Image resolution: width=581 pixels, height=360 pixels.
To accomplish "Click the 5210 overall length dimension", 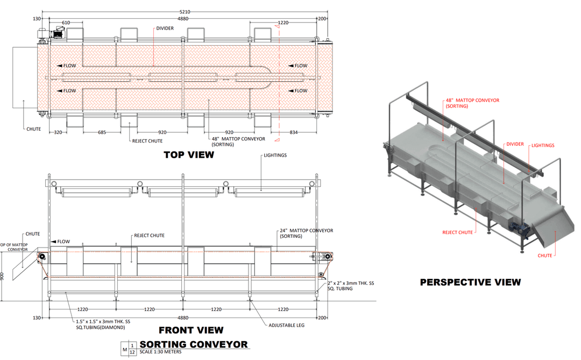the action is [x=185, y=12].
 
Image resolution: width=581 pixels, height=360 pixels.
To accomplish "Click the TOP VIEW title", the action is [x=189, y=155].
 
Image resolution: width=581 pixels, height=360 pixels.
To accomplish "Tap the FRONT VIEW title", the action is [x=191, y=330].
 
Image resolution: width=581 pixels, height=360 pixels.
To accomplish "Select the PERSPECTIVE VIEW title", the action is [x=470, y=283].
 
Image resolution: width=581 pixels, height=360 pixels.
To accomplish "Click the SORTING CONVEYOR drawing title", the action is [x=194, y=344].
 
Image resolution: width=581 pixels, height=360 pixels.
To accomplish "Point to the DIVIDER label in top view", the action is [x=165, y=28].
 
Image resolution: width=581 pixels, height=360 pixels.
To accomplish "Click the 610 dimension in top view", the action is [x=66, y=23].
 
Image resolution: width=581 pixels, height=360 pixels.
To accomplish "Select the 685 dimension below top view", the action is [x=102, y=132].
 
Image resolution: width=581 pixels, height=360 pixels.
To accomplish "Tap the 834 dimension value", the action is [x=294, y=132].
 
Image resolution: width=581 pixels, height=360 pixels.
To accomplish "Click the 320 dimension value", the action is [x=58, y=132].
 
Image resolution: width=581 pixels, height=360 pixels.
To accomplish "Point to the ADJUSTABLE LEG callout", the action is [x=286, y=325].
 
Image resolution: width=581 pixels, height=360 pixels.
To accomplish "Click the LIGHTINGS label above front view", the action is [x=275, y=156].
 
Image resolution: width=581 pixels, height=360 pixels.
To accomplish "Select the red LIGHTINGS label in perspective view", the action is [x=543, y=145].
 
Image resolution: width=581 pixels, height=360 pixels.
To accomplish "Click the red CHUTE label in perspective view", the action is [x=544, y=256].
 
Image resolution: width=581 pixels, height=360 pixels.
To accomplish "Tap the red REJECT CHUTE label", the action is [x=458, y=232].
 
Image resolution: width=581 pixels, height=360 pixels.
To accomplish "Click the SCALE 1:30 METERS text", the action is [x=160, y=352].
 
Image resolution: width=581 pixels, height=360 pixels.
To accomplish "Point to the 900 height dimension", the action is [x=2, y=276].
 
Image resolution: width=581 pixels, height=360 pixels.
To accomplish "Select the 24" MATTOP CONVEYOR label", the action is [x=307, y=233].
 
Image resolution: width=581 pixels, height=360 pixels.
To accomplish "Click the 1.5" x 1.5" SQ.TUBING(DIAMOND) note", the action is [x=103, y=324].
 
